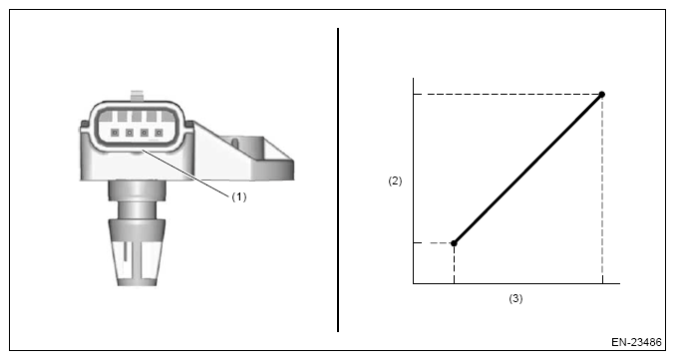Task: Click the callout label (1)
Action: [239, 197]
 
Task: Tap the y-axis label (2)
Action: [395, 180]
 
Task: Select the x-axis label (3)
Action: [515, 298]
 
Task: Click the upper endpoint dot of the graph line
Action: [602, 95]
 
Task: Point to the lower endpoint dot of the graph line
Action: [454, 243]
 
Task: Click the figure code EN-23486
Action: [636, 342]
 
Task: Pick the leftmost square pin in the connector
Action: [115, 133]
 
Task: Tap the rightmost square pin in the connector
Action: [159, 133]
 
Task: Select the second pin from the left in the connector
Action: [130, 133]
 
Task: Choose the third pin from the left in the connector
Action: [145, 133]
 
